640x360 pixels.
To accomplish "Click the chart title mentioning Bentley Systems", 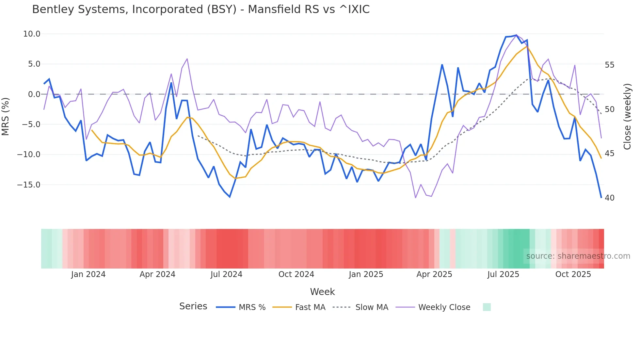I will point(200,9).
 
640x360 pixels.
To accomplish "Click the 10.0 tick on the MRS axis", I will point(32,34).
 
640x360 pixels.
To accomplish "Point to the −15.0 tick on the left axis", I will point(29,185).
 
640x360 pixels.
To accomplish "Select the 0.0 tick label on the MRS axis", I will point(34,94).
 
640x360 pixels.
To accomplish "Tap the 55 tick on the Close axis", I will point(609,65).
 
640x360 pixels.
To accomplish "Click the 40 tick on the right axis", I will point(609,198).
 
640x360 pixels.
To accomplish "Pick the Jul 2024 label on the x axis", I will point(226,274).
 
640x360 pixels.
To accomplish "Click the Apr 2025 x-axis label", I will point(434,274).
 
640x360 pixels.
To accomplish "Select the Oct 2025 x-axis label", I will point(573,274).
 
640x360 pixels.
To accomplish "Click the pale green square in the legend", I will point(487,307).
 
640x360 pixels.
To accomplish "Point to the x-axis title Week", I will point(322,292).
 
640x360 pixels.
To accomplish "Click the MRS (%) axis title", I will point(6,117).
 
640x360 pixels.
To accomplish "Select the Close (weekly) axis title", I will point(627,117).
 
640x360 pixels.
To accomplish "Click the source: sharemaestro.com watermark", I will point(578,256).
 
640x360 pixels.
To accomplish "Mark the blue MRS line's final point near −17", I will point(601,197).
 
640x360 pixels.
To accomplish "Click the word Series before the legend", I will point(193,306).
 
